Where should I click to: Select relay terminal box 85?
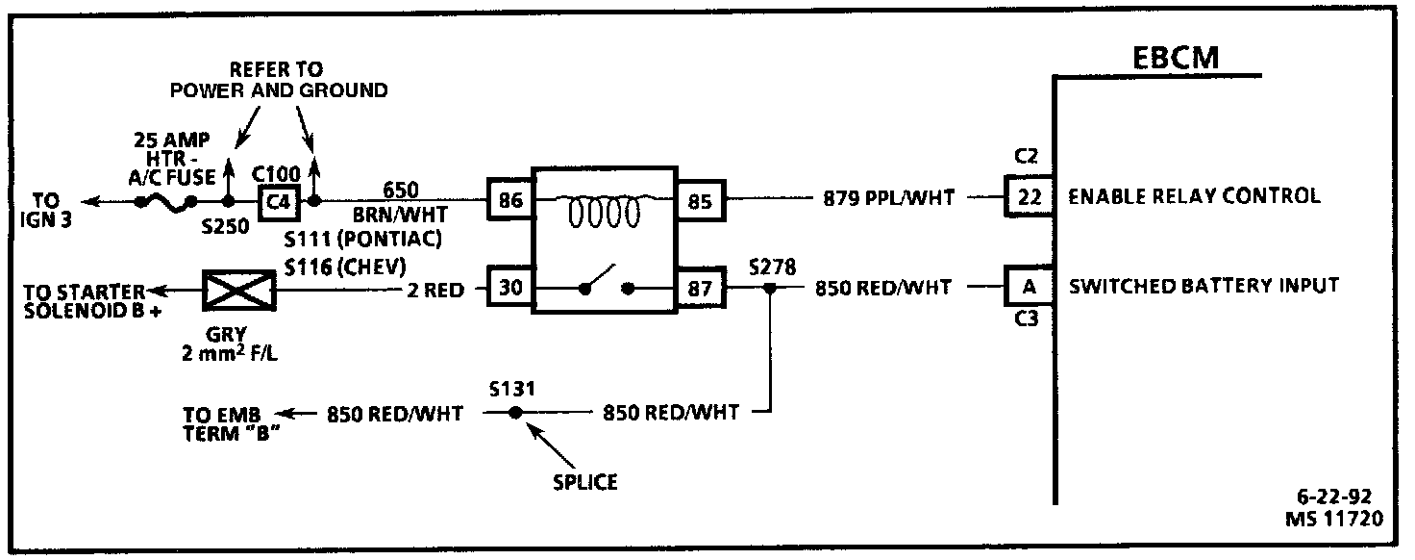pyautogui.click(x=702, y=200)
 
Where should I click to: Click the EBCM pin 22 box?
pyautogui.click(x=1030, y=196)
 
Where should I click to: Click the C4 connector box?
pyautogui.click(x=280, y=201)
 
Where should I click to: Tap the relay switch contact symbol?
pyautogui.click(x=605, y=284)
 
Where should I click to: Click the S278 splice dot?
pyautogui.click(x=769, y=287)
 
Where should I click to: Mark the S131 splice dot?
pyautogui.click(x=515, y=413)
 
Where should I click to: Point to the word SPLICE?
pyautogui.click(x=584, y=481)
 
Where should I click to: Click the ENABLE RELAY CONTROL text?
pyautogui.click(x=1193, y=196)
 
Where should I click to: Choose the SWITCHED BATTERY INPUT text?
pyautogui.click(x=1204, y=286)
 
